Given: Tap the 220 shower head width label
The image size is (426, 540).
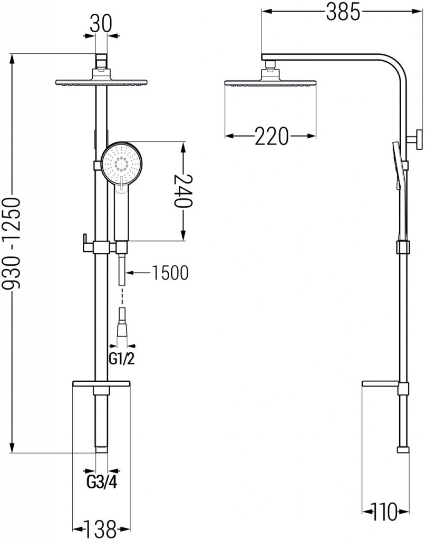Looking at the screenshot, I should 272,137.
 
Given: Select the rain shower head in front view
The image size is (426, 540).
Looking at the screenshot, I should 101,82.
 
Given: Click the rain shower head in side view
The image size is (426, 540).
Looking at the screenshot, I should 270,83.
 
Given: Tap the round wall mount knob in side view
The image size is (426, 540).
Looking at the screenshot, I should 417,140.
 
